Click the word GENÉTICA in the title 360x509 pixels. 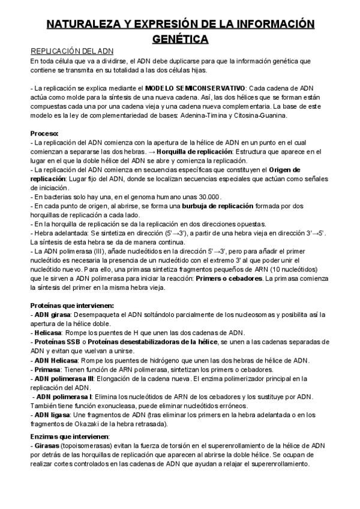180,39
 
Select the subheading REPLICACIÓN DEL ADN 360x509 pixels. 72,52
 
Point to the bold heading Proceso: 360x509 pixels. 44,133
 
